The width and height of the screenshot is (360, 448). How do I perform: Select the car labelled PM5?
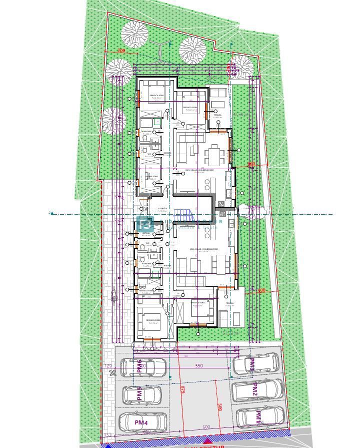tap(142, 395)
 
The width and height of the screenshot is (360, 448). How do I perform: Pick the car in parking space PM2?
tap(257, 389)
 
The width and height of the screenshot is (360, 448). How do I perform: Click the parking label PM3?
tap(252, 365)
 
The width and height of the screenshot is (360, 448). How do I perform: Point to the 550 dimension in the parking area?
tap(199, 366)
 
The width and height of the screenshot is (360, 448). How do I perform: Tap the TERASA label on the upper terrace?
tap(218, 115)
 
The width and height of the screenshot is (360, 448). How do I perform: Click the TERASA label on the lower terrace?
tap(229, 303)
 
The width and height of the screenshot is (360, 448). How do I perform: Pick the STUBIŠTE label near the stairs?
tap(162, 209)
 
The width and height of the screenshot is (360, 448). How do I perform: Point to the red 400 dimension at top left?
tap(120, 51)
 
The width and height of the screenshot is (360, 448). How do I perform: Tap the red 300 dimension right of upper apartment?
tap(251, 164)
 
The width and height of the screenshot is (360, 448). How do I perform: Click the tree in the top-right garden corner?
tap(242, 65)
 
